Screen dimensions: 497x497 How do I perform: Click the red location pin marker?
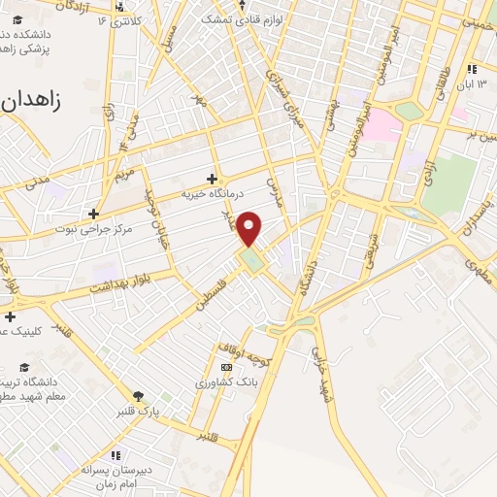(x=250, y=228)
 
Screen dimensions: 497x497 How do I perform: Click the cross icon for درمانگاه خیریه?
(x=213, y=179)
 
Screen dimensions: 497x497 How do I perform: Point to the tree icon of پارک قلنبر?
(x=138, y=396)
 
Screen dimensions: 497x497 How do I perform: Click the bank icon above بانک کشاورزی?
(x=226, y=367)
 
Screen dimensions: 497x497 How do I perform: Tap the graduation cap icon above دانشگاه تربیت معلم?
(x=23, y=368)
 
